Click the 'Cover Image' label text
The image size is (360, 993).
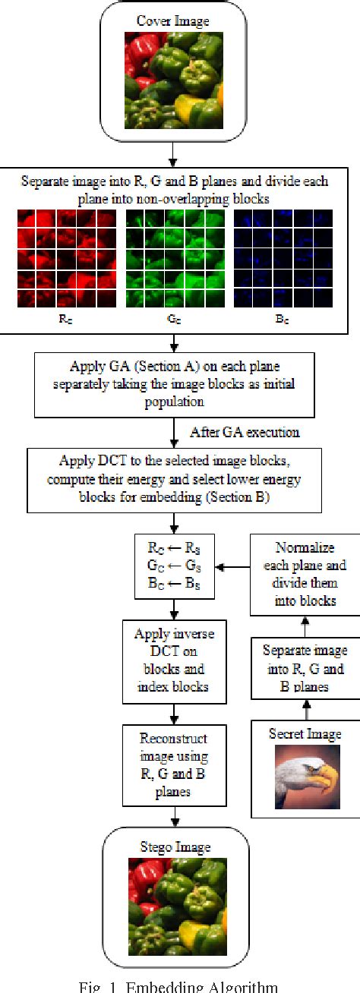[174, 20]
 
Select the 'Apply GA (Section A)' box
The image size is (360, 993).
[175, 384]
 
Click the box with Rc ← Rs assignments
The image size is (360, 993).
[175, 566]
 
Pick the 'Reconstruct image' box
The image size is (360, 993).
[175, 759]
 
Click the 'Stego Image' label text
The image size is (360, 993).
[174, 847]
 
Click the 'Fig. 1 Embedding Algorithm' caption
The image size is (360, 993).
[179, 986]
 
